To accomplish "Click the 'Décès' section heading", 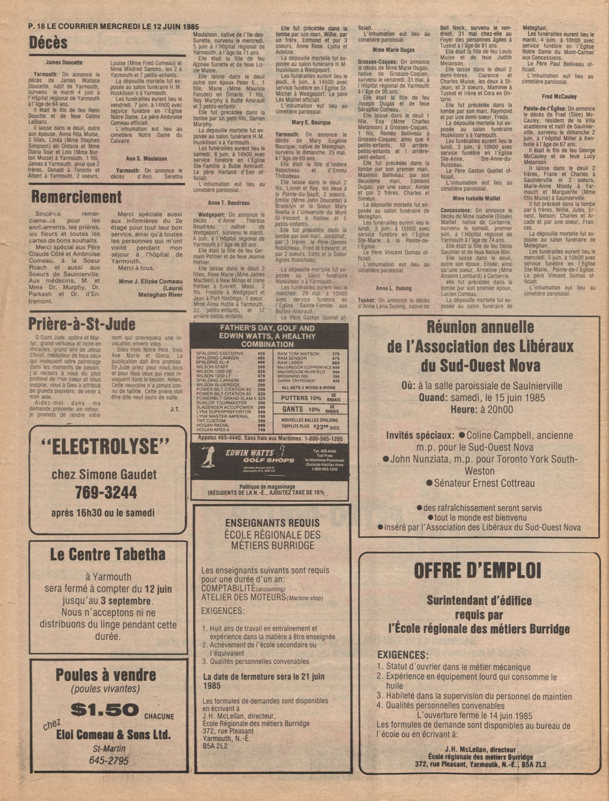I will (x=48, y=43).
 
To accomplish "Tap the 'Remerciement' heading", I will (x=76, y=197).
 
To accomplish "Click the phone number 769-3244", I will (x=106, y=492).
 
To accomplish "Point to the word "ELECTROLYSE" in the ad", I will (x=105, y=447).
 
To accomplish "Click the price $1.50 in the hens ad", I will (x=105, y=710).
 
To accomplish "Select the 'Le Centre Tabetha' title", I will (x=107, y=554).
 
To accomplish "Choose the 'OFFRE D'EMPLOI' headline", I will (x=478, y=571).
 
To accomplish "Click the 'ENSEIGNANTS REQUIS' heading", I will (x=272, y=523).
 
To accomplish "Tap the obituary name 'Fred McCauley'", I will (x=559, y=96).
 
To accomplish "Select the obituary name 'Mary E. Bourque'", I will (x=311, y=123).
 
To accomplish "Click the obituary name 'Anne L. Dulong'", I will (x=393, y=289).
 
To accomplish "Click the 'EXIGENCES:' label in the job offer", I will (x=402, y=655).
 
